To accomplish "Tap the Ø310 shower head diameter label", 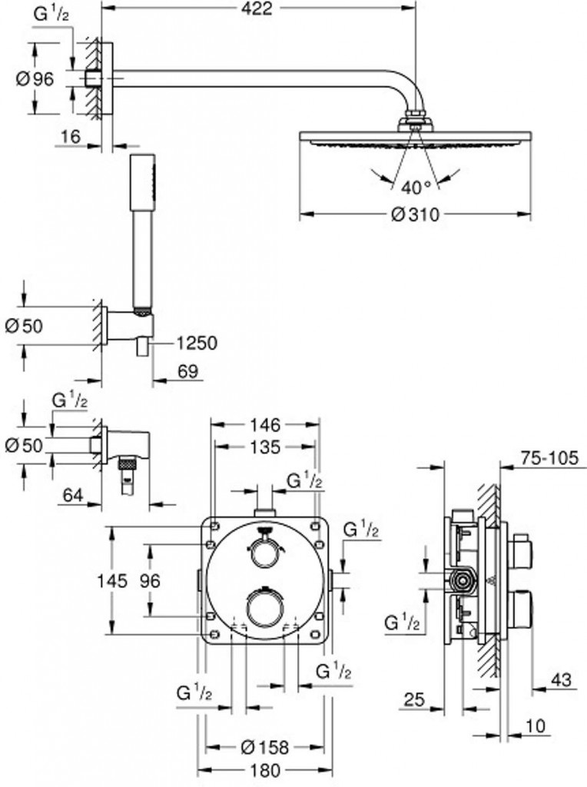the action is click(x=415, y=215).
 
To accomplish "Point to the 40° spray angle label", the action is click(x=416, y=188).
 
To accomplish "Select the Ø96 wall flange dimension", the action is click(x=35, y=79).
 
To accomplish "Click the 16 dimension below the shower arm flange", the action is click(x=70, y=136).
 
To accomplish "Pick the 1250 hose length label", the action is click(x=197, y=344).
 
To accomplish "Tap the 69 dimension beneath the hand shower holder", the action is click(x=187, y=371).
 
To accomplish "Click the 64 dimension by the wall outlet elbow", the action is click(x=73, y=496).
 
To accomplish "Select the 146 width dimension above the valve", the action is click(x=265, y=425).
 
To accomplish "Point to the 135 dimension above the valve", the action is click(x=265, y=447).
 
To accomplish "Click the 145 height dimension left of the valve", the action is click(x=112, y=581).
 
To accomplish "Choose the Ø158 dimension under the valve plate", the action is click(x=265, y=747).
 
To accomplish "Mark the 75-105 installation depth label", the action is click(x=549, y=458).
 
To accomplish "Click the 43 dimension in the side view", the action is click(x=561, y=680).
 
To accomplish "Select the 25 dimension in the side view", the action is click(x=414, y=699).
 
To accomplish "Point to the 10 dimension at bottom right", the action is click(x=536, y=726).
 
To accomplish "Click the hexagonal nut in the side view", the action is click(x=463, y=582).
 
